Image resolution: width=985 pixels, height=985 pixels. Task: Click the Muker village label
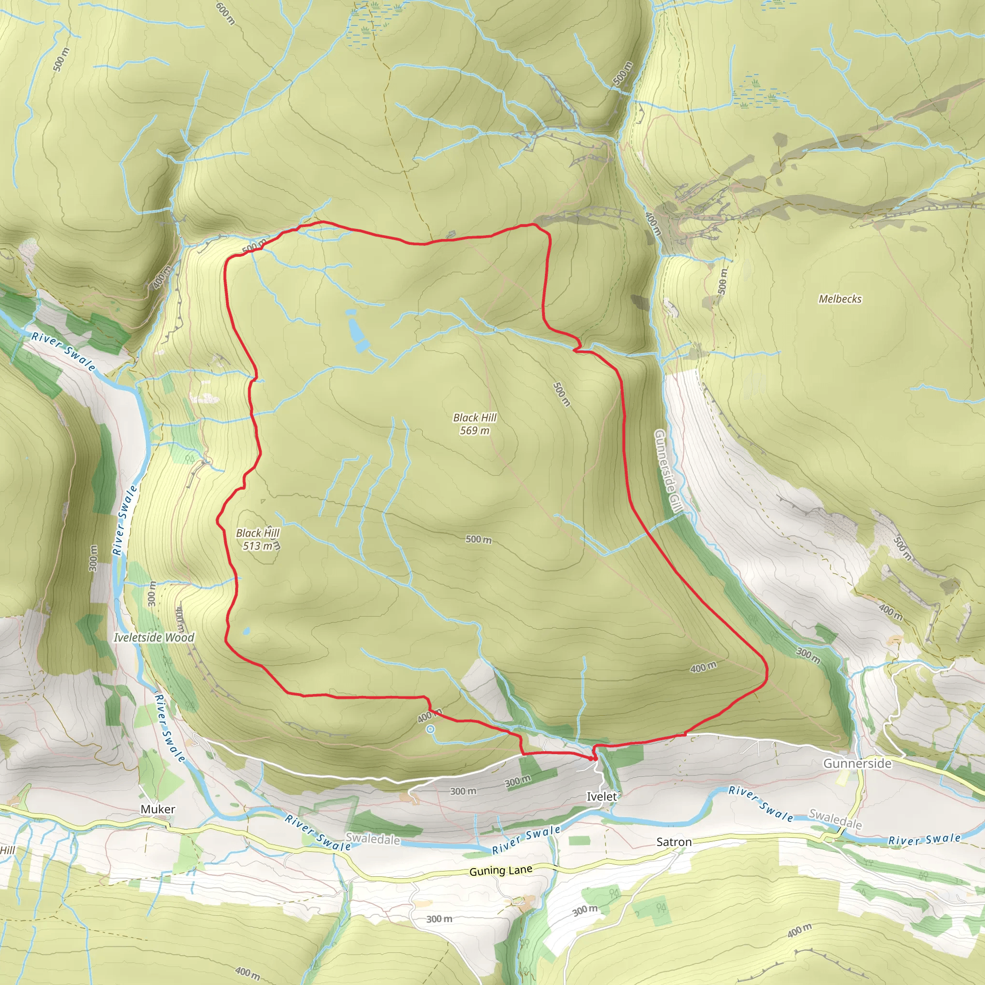point(158,809)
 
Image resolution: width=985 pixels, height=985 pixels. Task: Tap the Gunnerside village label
point(857,763)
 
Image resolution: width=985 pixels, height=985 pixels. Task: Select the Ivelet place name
point(602,796)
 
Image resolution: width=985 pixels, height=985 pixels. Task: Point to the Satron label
point(673,842)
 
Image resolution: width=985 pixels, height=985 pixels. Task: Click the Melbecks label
point(840,299)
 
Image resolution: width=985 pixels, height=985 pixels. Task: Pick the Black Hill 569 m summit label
point(475,424)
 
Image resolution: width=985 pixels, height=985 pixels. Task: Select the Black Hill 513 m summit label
point(257,539)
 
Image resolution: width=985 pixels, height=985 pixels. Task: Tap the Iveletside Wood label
point(153,637)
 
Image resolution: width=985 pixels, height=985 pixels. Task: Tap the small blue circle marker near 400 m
point(430,729)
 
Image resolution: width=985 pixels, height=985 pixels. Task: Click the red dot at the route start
point(591,758)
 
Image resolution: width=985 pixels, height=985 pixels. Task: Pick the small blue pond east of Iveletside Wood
point(246,631)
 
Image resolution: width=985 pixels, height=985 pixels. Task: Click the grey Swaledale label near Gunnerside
point(835,819)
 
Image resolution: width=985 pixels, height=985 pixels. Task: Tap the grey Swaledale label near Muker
point(373,839)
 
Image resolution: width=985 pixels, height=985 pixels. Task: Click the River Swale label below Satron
point(526,840)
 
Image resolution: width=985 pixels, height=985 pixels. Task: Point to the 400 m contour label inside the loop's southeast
point(703,667)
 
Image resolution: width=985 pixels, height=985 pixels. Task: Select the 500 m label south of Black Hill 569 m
point(478,540)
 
